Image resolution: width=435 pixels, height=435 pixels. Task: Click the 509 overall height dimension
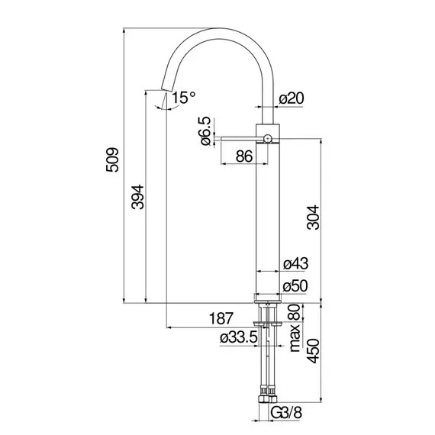(112, 159)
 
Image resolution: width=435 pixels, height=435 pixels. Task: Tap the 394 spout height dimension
(138, 197)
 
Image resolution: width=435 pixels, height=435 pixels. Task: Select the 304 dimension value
(313, 217)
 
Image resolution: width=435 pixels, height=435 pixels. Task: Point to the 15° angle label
(184, 98)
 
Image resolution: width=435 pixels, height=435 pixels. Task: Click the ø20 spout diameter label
(292, 98)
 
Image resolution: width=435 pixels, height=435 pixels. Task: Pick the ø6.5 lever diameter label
(206, 131)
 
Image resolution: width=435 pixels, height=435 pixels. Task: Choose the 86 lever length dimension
(244, 156)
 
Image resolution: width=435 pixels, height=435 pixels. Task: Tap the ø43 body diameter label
(295, 263)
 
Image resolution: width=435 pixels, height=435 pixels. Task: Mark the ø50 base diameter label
(295, 286)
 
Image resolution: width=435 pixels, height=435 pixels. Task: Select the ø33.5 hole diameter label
(239, 337)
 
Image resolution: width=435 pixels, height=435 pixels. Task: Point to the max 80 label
(295, 328)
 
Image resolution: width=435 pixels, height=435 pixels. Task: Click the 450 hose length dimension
(313, 350)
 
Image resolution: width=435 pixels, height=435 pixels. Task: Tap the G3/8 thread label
(286, 413)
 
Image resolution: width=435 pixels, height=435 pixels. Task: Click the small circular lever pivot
(267, 138)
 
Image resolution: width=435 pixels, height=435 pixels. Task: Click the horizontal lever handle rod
(242, 139)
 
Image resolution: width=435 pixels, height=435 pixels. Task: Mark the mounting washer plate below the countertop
(268, 324)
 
